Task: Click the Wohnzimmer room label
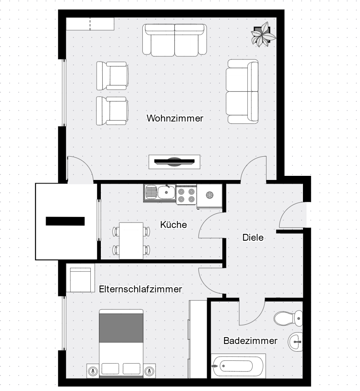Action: [175, 118]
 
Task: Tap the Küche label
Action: [173, 224]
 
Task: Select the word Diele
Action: [253, 238]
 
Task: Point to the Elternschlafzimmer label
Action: [141, 289]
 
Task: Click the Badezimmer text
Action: [250, 341]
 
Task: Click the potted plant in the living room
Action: [264, 34]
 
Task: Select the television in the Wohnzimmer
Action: [174, 162]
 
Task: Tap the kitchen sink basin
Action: [167, 192]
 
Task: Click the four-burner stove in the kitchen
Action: [186, 195]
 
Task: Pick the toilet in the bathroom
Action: [288, 318]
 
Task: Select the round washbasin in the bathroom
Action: [296, 342]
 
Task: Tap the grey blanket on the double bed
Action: [121, 328]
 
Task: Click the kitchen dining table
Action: [131, 241]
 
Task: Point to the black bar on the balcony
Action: [65, 221]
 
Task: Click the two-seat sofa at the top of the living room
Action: [175, 40]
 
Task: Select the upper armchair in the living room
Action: [112, 76]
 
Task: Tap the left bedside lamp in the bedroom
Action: [93, 371]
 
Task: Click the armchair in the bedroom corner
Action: [80, 278]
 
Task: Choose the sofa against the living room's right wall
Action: [242, 91]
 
